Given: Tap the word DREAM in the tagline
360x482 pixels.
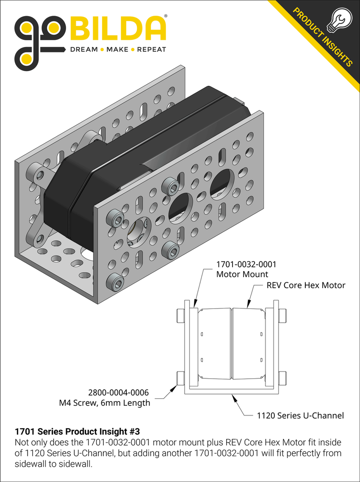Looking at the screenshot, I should click(83, 50).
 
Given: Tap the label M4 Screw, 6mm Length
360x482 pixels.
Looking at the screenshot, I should click(105, 403).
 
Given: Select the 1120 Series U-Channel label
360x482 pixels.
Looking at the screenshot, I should click(300, 416).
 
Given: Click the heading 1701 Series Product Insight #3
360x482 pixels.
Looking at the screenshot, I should click(77, 432).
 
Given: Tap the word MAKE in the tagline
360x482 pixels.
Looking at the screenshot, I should click(117, 50).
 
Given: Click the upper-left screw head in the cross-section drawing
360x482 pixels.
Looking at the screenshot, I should click(180, 315).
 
